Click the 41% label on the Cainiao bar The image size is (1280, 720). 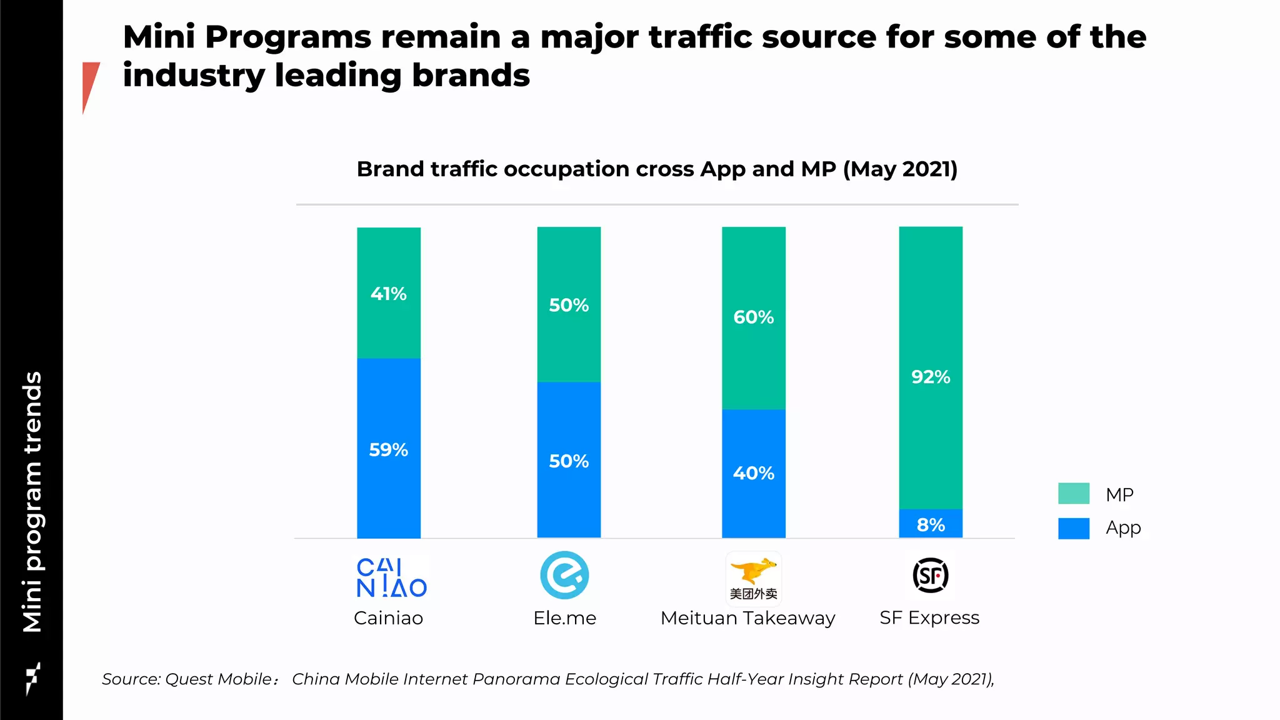[388, 294]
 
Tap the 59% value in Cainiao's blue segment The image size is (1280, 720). [388, 450]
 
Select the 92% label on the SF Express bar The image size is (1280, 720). [931, 377]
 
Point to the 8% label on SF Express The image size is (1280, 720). [931, 525]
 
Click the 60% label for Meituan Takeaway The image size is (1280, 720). [753, 317]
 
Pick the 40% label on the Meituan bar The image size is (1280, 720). [753, 473]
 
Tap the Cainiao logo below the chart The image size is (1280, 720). [391, 578]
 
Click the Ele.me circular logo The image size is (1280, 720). [564, 576]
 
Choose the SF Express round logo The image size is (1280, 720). [930, 576]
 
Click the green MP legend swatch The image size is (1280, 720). [1073, 494]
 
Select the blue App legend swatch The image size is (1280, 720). [1073, 528]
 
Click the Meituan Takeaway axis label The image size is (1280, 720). [747, 618]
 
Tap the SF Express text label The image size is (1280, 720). [929, 618]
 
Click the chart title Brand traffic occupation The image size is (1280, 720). [656, 169]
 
